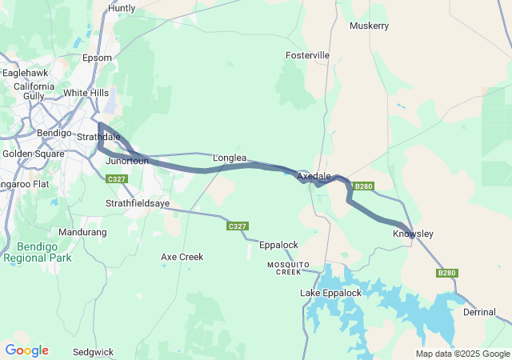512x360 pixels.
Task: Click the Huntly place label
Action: pyautogui.click(x=122, y=8)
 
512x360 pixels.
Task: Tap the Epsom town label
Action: pyautogui.click(x=97, y=58)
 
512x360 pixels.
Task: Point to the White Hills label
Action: pyautogui.click(x=86, y=93)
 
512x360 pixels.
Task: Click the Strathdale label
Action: pyautogui.click(x=98, y=137)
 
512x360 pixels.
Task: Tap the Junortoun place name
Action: pyautogui.click(x=127, y=161)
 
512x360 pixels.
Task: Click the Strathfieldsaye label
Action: pyautogui.click(x=138, y=204)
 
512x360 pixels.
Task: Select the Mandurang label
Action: pyautogui.click(x=82, y=232)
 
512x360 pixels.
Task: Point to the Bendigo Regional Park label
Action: pyautogui.click(x=37, y=252)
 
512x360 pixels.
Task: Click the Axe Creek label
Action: pyautogui.click(x=182, y=257)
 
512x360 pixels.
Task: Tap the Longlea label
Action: pyautogui.click(x=230, y=158)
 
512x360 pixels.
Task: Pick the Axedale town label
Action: pyautogui.click(x=314, y=175)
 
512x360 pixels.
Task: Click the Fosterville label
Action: pyautogui.click(x=307, y=55)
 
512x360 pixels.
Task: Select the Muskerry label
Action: pyautogui.click(x=369, y=26)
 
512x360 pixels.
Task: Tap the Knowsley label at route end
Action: pyautogui.click(x=413, y=234)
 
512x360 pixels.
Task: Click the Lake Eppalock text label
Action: pyautogui.click(x=330, y=293)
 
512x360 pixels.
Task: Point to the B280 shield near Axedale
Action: pyautogui.click(x=364, y=186)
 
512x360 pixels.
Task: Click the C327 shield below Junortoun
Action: pyautogui.click(x=116, y=179)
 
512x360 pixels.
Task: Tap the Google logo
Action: pyautogui.click(x=26, y=350)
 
